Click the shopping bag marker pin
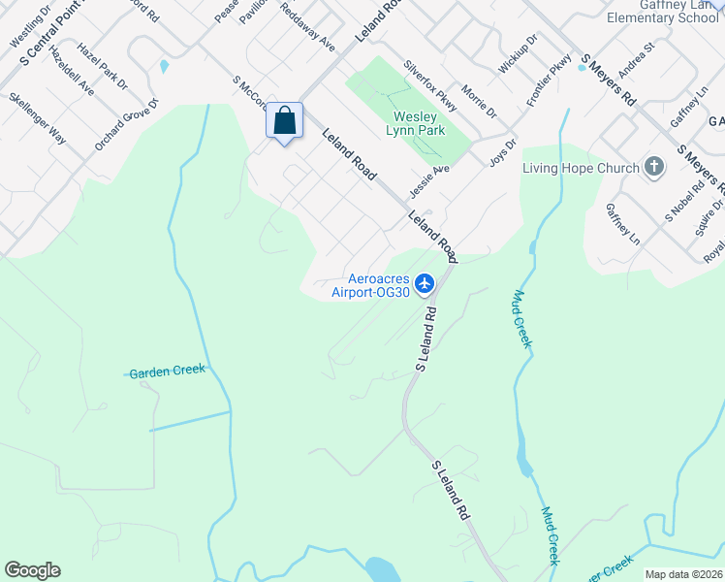click(x=284, y=122)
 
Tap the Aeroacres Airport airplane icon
click(x=424, y=283)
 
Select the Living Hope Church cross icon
click(x=654, y=167)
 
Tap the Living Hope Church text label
click(x=581, y=168)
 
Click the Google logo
click(x=32, y=570)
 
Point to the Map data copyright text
click(x=682, y=573)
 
